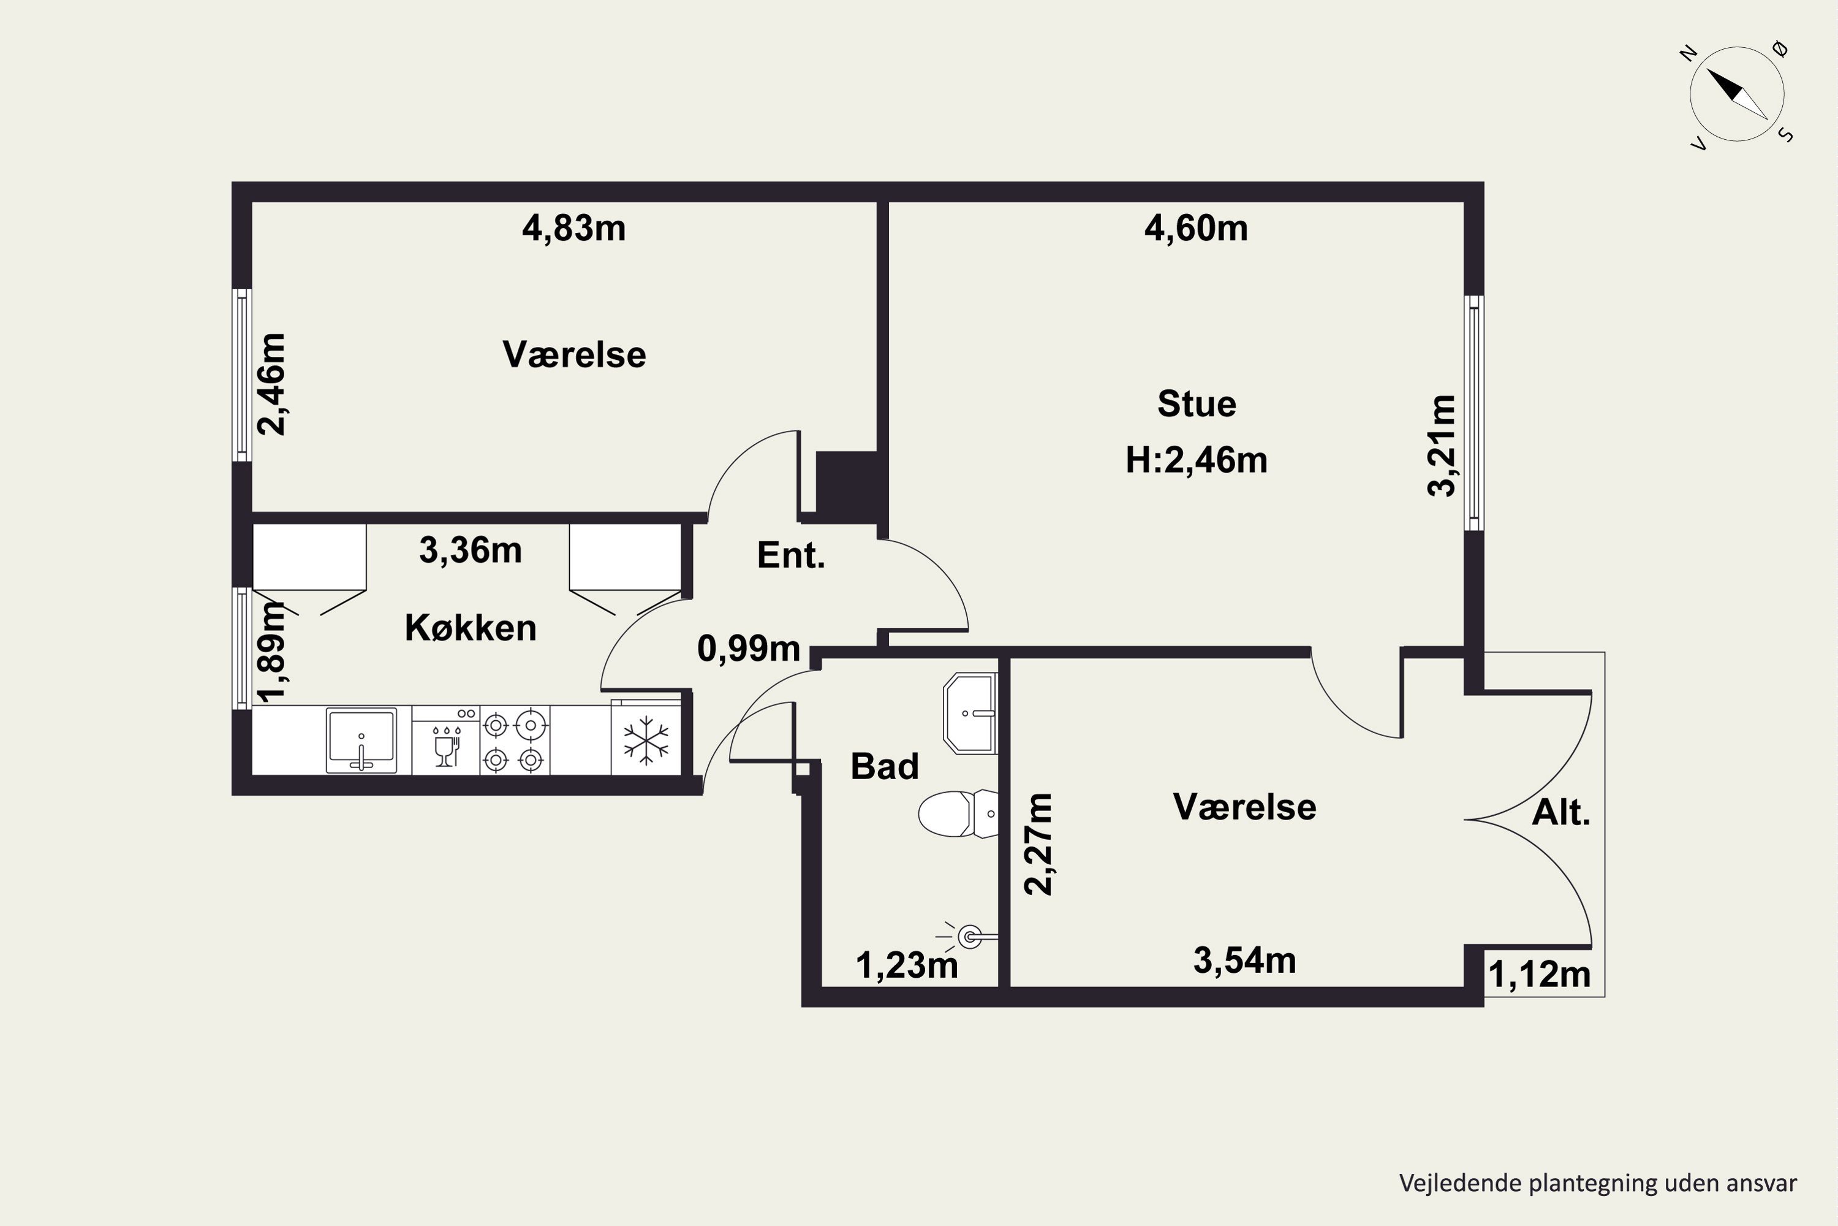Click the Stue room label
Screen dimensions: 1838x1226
[1197, 404]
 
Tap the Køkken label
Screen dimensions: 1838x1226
[471, 628]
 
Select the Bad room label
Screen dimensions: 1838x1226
[885, 766]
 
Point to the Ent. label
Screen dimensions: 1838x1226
[791, 555]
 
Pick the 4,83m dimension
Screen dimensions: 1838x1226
[573, 228]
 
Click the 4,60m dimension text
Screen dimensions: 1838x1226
[1196, 228]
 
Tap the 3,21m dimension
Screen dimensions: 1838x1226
[1442, 446]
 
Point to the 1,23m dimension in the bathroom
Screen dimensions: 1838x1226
[907, 965]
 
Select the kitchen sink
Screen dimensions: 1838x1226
[361, 740]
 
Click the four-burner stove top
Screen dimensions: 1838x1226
[514, 741]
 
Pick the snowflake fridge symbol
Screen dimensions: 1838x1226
[646, 740]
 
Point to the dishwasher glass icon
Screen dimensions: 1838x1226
[446, 747]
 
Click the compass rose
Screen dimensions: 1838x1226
[1737, 94]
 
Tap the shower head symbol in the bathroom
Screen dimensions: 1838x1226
[970, 935]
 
